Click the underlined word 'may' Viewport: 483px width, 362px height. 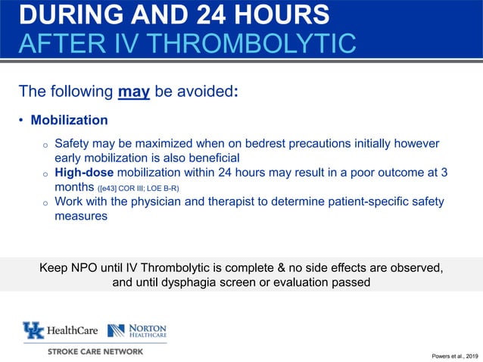[134, 92]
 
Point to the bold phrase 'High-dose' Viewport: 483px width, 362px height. [86, 172]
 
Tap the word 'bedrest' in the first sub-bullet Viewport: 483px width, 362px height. [279, 143]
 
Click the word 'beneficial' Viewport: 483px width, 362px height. [208, 158]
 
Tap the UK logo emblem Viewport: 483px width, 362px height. [34, 330]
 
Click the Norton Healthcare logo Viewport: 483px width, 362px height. [137, 330]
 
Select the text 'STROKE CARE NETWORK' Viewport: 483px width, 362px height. [95, 351]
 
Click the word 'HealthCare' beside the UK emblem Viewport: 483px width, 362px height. [71, 331]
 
